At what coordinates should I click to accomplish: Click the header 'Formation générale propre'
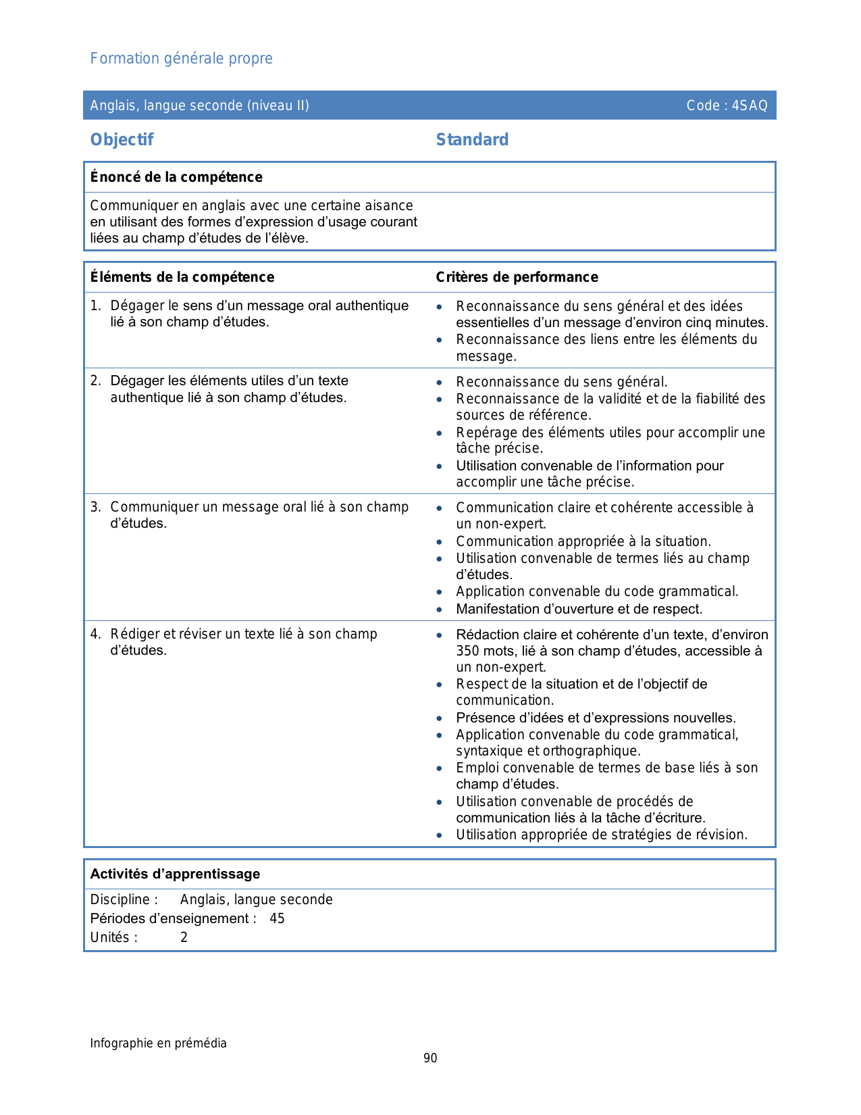tap(181, 59)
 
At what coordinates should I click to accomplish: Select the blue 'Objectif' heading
tap(122, 140)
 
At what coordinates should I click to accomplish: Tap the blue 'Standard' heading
tap(472, 140)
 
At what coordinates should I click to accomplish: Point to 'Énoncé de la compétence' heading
tap(176, 177)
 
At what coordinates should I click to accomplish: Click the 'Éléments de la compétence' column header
tap(182, 277)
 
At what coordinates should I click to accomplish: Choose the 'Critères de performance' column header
tap(517, 277)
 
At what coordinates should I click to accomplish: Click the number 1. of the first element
tap(95, 306)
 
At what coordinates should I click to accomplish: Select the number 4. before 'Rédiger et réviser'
tap(95, 634)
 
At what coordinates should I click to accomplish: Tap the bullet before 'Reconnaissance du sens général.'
tap(440, 382)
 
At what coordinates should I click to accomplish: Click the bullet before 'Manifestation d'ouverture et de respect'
tap(440, 610)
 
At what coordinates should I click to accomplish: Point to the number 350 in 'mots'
tap(467, 651)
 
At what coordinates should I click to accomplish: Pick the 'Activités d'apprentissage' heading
tap(175, 874)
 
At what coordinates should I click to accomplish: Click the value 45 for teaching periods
tap(277, 918)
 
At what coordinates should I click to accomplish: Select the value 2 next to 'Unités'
tap(184, 937)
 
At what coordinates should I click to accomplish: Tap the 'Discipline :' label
tap(124, 899)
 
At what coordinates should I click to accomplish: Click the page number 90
tap(430, 1058)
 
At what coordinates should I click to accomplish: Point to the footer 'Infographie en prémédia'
tap(158, 1043)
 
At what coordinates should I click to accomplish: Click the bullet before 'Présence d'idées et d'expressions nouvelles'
tap(440, 718)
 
